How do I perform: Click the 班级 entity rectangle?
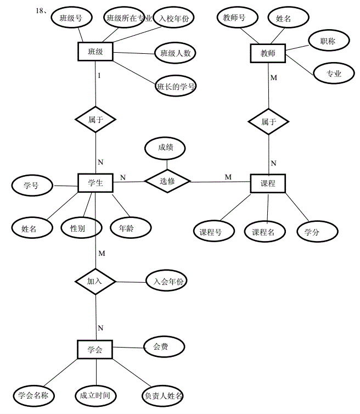[x=95, y=52]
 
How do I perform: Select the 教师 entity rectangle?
[x=268, y=54]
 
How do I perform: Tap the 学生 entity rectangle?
[x=95, y=183]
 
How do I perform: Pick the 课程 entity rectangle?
[x=268, y=183]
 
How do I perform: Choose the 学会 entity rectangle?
[x=95, y=349]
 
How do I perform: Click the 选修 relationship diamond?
[x=167, y=181]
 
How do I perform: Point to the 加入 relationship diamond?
[x=95, y=281]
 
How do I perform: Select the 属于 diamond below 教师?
[x=268, y=121]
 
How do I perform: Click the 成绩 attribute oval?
[x=165, y=147]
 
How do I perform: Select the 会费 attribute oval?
[x=164, y=346]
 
